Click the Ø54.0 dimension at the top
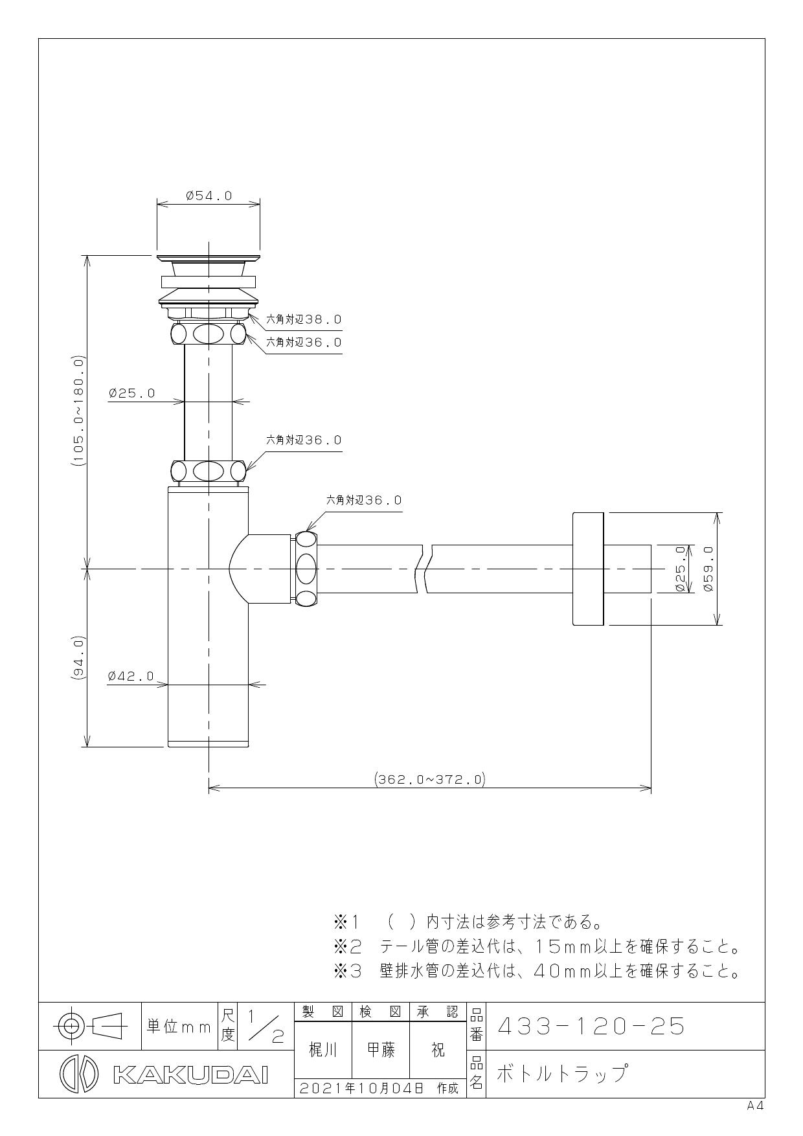click(x=209, y=196)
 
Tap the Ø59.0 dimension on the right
click(x=708, y=569)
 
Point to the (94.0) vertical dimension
click(x=78, y=657)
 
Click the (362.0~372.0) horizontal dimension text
click(x=430, y=779)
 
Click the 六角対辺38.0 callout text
click(x=304, y=319)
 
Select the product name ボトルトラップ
click(x=562, y=1074)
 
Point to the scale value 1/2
click(x=264, y=1027)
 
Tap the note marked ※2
click(x=536, y=948)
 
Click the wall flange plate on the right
click(x=588, y=569)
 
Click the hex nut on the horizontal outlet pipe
click(x=306, y=569)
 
